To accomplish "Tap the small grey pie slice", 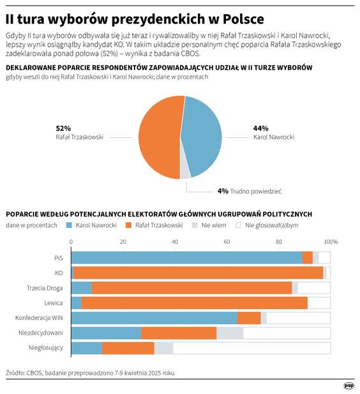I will (x=185, y=171).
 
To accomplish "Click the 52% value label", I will (x=64, y=128).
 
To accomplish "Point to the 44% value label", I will (x=260, y=128).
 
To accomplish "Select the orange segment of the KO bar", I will (x=199, y=273).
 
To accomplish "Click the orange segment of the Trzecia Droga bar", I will (x=191, y=287).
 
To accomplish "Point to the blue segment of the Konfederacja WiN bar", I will (x=154, y=317).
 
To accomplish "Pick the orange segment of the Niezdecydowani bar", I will (x=179, y=333).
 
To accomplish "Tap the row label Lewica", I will (x=54, y=303).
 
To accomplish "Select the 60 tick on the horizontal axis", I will (x=227, y=242).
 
